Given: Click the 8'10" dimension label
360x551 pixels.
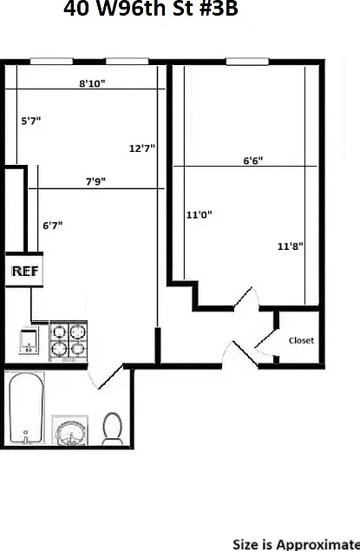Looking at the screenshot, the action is pos(92,83).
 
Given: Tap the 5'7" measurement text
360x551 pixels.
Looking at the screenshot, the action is pos(31,121).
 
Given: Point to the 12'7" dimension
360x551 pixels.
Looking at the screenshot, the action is pos(142,148).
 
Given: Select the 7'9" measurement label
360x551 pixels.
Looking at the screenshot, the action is pos(95,181).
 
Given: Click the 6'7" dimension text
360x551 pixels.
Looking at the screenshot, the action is pos(53,226).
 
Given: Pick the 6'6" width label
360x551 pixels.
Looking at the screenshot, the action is pos(253,161).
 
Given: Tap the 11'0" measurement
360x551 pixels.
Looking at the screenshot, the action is pos(199,214).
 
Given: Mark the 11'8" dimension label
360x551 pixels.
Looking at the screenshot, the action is pos(290,246).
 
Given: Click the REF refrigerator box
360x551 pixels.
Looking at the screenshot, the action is pos(24,270).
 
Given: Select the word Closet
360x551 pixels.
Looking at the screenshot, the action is pos(301,340).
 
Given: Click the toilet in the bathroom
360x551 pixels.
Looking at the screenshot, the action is pos(112,429).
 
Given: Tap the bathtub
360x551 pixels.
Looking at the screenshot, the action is pos(27,408).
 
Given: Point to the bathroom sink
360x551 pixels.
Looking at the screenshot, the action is pos(70,430).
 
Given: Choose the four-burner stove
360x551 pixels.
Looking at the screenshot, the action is pos(69,340).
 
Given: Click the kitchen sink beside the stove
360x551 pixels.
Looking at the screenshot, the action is pos(29,340).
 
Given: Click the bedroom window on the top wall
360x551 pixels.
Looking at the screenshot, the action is pos(247,62).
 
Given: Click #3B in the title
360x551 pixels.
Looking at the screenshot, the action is pos(219,9).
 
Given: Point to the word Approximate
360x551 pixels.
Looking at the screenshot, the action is pos(318,544).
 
